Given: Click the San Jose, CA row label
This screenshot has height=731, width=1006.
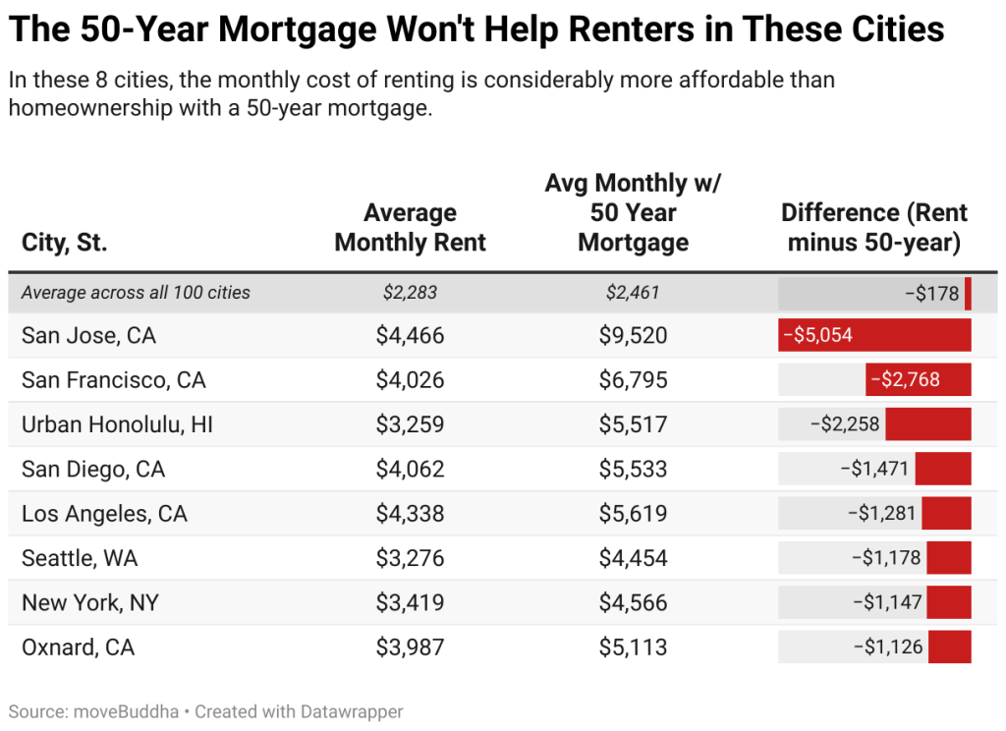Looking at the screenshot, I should pyautogui.click(x=88, y=336).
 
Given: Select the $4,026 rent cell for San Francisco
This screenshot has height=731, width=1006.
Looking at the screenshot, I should pyautogui.click(x=410, y=380).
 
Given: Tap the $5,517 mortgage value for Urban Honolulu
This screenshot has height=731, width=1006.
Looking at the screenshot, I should pyautogui.click(x=633, y=424).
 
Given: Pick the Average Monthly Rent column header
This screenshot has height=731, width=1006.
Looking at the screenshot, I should pyautogui.click(x=410, y=227).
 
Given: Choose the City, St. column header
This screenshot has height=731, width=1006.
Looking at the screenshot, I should pyautogui.click(x=65, y=243).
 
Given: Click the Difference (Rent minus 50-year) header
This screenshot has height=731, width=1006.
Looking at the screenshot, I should pyautogui.click(x=873, y=227).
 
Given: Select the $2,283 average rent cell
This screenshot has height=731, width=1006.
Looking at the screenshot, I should pyautogui.click(x=410, y=292).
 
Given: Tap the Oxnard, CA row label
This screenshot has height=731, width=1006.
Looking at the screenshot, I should pyautogui.click(x=78, y=647).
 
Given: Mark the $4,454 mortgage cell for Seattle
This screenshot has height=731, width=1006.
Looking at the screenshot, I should pyautogui.click(x=633, y=558).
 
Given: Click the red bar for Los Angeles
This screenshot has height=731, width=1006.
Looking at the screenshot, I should pyautogui.click(x=946, y=514).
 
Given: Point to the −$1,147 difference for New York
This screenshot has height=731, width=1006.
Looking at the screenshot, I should pyautogui.click(x=886, y=602).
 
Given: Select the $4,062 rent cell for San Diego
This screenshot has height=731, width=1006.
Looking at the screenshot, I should pyautogui.click(x=410, y=470).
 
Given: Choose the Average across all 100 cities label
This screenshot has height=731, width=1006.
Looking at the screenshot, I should pyautogui.click(x=136, y=292).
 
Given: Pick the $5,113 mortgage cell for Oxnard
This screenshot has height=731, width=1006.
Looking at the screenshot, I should pyautogui.click(x=633, y=647).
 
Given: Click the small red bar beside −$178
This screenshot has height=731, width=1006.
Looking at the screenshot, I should pyautogui.click(x=968, y=293).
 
